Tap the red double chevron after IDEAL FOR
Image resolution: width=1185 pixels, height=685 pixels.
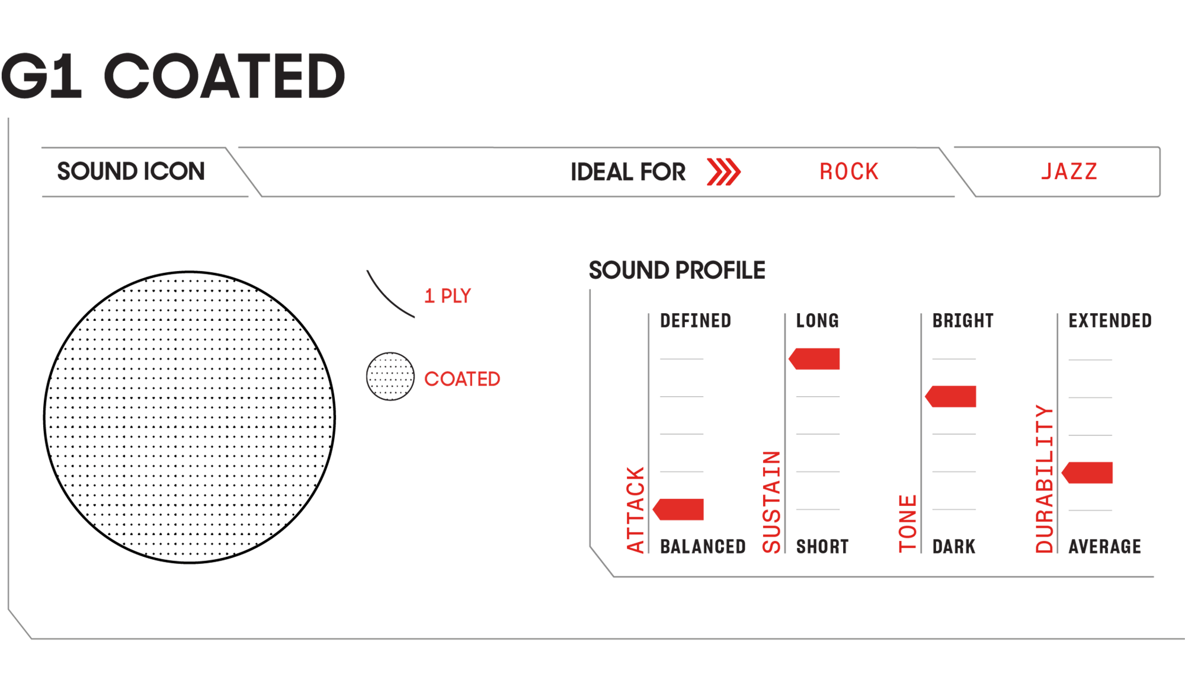[722, 174]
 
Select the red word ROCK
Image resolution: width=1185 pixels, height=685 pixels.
[851, 172]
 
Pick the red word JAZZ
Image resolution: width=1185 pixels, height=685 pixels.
[1069, 174]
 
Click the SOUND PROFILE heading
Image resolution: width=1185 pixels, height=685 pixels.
[676, 270]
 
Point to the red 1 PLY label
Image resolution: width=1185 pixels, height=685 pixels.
[447, 295]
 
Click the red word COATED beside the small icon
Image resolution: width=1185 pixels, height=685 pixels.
[462, 380]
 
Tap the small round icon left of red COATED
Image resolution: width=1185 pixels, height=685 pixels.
[389, 377]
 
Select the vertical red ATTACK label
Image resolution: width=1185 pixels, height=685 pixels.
[635, 510]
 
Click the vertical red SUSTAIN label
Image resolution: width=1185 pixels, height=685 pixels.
[771, 504]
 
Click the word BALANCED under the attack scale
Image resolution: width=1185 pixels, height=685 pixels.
[699, 548]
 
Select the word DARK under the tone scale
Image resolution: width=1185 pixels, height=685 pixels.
[955, 548]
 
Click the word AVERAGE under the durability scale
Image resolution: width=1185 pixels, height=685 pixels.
[1104, 548]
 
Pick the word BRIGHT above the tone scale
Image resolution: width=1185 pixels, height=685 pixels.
[960, 321]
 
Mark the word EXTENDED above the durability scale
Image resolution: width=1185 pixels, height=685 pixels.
[1110, 321]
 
